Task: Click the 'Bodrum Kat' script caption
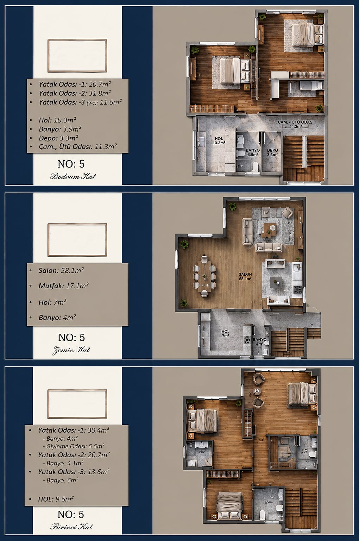(73, 176)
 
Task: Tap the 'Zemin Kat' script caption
(71, 350)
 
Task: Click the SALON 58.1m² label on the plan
(245, 276)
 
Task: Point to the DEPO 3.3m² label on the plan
(272, 152)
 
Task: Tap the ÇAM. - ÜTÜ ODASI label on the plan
(296, 124)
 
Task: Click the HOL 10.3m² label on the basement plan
(219, 140)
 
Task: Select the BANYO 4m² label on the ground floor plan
(260, 342)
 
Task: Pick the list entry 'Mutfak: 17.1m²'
(63, 286)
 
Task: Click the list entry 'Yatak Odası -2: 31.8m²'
(75, 93)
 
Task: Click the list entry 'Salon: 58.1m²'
(61, 270)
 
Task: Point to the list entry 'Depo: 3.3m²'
(58, 138)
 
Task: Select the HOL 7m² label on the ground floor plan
(226, 333)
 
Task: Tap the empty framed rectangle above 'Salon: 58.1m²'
(77, 224)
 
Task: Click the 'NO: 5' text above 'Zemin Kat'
(71, 338)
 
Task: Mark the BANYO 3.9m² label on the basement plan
(253, 152)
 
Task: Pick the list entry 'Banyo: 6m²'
(61, 480)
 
